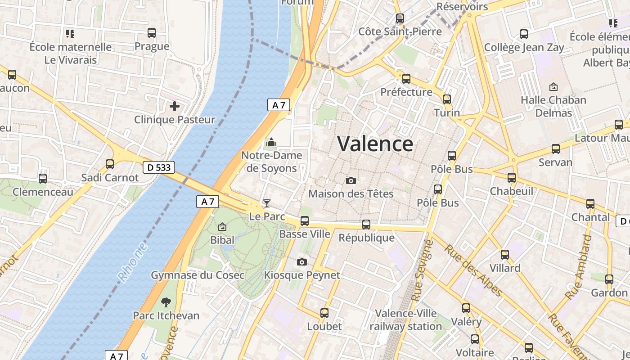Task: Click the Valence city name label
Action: pos(375,144)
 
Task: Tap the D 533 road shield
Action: pos(159,167)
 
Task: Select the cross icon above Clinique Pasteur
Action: pos(175,107)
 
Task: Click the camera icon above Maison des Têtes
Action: pos(351,180)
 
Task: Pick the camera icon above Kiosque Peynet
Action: pos(302,262)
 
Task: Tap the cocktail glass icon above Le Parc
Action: pos(267,203)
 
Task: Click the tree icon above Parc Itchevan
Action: pos(166,302)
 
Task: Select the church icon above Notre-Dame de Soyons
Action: pos(271,143)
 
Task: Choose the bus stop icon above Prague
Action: pos(152,33)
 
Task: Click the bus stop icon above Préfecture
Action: pos(406,79)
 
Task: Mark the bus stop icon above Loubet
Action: pos(324,313)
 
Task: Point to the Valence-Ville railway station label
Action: pos(405,320)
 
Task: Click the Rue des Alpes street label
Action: pos(473,271)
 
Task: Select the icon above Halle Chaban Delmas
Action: pos(553,87)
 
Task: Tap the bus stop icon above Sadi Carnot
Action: pos(110,164)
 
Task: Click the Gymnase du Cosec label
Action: pos(198,275)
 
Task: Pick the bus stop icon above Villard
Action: pos(505,255)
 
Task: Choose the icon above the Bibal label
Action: pos(222,227)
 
